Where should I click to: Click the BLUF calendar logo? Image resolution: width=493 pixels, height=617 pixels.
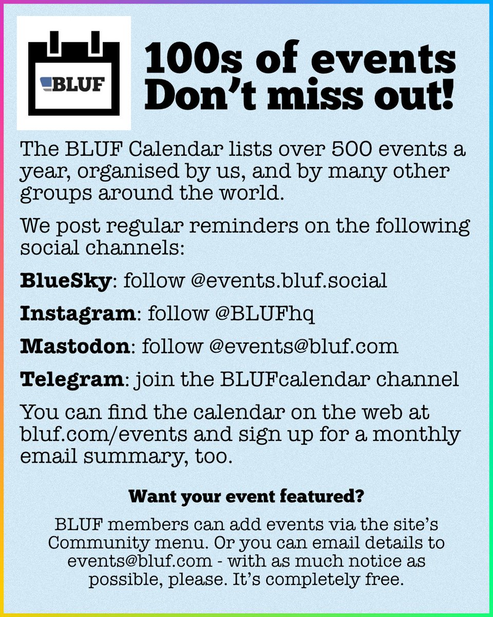[x=74, y=73]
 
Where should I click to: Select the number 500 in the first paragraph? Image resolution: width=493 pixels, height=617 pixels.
[x=309, y=151]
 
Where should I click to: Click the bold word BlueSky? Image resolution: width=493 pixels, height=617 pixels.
[x=65, y=281]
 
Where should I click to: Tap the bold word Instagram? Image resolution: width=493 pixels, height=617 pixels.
[x=77, y=314]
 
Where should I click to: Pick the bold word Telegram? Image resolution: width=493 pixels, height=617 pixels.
[x=71, y=379]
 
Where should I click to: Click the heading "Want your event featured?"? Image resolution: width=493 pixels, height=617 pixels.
[x=246, y=497]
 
